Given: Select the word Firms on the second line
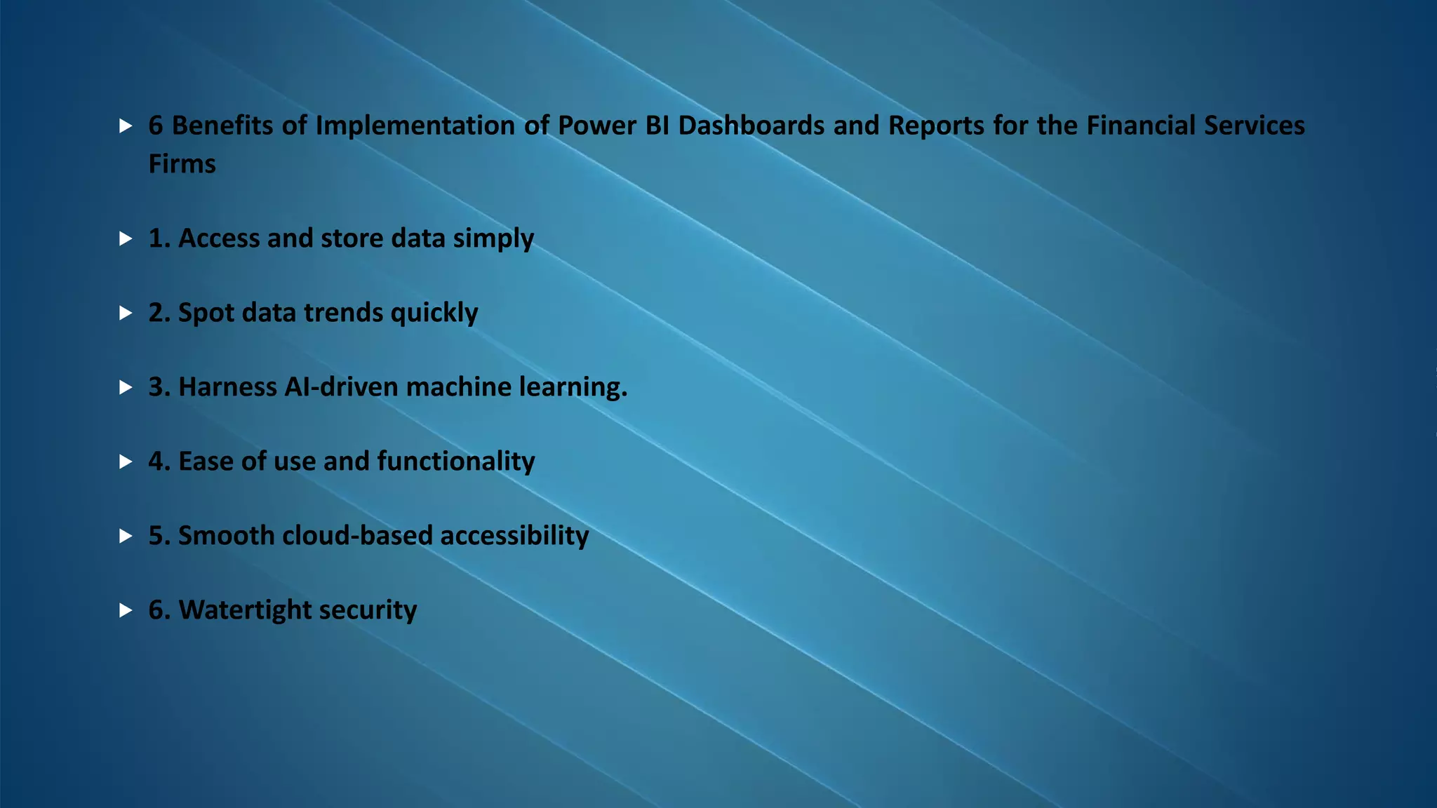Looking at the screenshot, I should [x=182, y=164].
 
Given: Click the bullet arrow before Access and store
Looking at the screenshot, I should [x=126, y=239].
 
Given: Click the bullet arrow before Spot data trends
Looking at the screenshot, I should [x=126, y=313].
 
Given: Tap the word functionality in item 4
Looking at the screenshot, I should [x=456, y=462].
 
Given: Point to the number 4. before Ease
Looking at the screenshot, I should [x=159, y=462].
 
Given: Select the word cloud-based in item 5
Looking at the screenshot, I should [x=357, y=536].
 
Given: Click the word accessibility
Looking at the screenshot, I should [x=514, y=536].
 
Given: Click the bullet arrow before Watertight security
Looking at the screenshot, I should [x=126, y=610].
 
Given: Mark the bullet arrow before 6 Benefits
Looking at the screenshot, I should [x=126, y=126].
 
